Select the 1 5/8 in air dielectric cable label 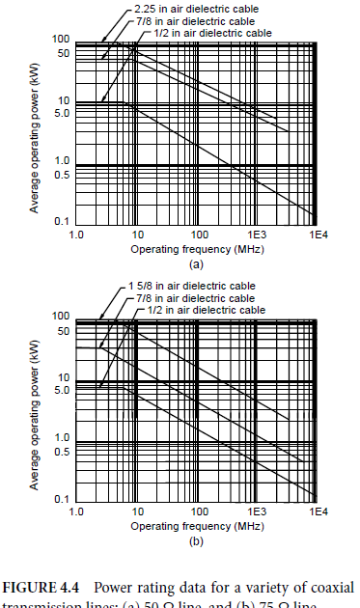click(x=191, y=287)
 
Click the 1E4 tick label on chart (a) click(x=316, y=235)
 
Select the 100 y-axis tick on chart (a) click(x=61, y=39)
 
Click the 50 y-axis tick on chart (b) click(x=63, y=331)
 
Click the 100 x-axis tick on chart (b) click(x=197, y=511)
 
